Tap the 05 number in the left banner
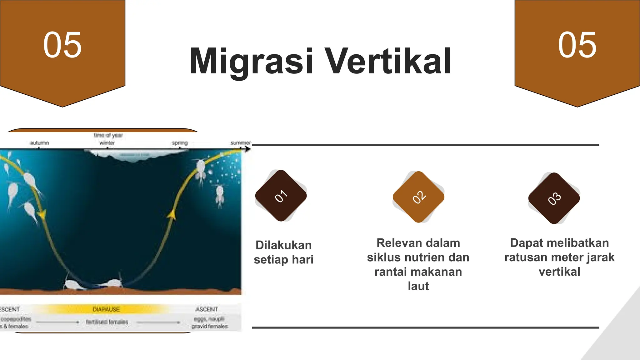point(62,45)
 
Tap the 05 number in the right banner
point(577,45)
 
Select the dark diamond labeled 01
point(281,196)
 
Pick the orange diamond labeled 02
point(418,197)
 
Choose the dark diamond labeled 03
point(554,198)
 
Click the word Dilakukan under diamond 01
point(283,245)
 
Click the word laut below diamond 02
point(418,286)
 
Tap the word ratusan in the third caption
point(525,257)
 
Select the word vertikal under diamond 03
point(559,272)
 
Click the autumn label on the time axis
point(39,143)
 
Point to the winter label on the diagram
point(107,143)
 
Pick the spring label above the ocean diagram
point(180,143)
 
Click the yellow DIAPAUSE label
point(106,309)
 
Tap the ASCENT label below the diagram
point(206,309)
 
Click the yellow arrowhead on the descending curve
point(41,215)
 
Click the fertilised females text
point(107,322)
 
